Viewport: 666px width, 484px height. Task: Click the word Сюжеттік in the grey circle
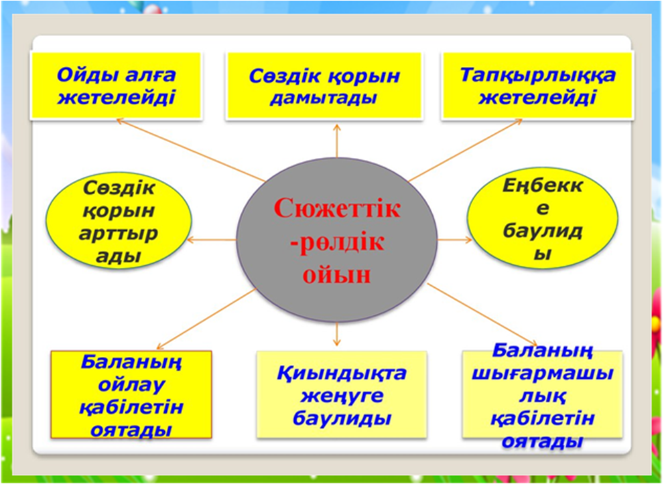[337, 208]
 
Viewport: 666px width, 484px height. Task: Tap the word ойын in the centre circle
[337, 274]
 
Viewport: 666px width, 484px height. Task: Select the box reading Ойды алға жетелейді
[116, 85]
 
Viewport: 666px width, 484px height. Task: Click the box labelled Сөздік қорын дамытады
[324, 86]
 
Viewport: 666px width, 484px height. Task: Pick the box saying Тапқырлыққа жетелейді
[537, 85]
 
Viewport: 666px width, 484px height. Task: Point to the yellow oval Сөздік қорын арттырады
[119, 221]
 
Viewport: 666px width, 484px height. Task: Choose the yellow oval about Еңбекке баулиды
[543, 218]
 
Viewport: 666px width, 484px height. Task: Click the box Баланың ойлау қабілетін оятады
[131, 394]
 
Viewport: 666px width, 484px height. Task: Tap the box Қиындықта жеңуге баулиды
[342, 394]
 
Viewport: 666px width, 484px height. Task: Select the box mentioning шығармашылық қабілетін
[543, 394]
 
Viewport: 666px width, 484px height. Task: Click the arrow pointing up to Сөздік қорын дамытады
[337, 141]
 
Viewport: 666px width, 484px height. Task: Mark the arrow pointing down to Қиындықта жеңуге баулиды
[337, 334]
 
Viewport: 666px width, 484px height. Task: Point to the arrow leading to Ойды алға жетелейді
[191, 151]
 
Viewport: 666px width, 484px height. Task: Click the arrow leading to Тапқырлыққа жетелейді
[465, 150]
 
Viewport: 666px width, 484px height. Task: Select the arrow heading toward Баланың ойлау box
[206, 319]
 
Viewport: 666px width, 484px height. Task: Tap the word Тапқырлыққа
[538, 75]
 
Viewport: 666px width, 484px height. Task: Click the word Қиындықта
[342, 374]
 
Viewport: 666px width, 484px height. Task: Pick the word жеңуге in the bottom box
[342, 396]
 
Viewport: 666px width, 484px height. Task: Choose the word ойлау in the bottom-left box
[131, 384]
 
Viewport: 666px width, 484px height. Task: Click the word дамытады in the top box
[324, 98]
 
